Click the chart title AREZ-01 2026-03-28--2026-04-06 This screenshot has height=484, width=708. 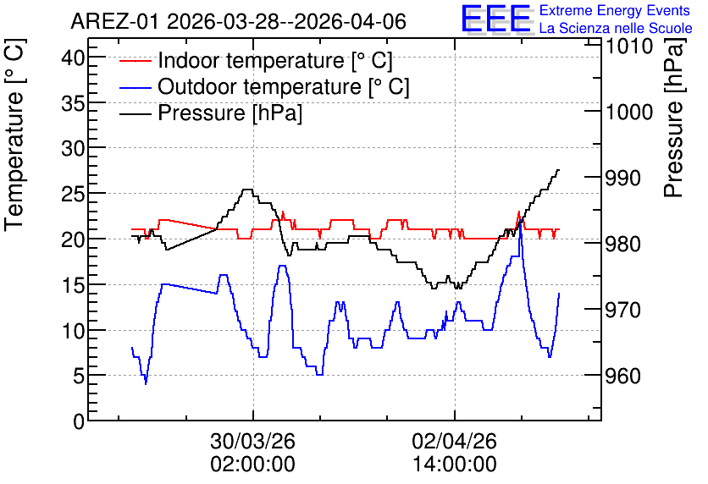[x=238, y=21]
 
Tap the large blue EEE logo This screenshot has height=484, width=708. [x=495, y=19]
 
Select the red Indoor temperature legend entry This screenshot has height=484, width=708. [x=256, y=60]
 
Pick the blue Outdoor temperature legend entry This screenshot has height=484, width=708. [x=264, y=86]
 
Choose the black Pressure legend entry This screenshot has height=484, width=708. [x=210, y=113]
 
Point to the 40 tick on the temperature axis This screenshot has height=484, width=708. [x=73, y=58]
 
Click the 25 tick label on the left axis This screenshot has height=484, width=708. [x=73, y=194]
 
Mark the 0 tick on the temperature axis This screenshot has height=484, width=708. [x=79, y=421]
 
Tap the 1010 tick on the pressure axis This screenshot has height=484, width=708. [x=628, y=46]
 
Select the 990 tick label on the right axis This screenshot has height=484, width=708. [x=622, y=179]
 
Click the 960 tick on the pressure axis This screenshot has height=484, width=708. [x=622, y=376]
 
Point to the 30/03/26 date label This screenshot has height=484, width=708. [x=253, y=441]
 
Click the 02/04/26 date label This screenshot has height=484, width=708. [x=454, y=441]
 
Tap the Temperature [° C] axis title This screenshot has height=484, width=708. [x=14, y=135]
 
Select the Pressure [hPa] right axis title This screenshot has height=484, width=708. [x=675, y=118]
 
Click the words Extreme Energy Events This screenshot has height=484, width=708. [x=615, y=10]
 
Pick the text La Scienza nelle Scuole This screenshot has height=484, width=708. [x=616, y=28]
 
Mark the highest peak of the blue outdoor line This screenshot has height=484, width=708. [x=521, y=222]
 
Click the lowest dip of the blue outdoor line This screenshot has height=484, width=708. [x=146, y=383]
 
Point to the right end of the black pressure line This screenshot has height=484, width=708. [x=559, y=169]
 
